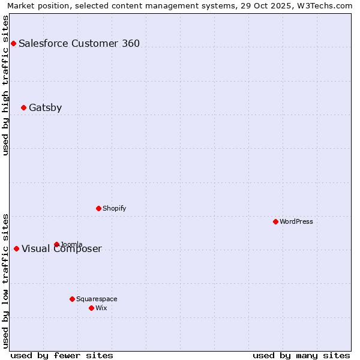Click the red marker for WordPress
pyautogui.click(x=275, y=221)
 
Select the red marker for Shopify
pyautogui.click(x=98, y=208)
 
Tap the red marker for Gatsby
pyautogui.click(x=23, y=108)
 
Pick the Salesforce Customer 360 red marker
pyautogui.click(x=13, y=43)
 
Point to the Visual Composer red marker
pyautogui.click(x=16, y=248)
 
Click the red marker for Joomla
pyautogui.click(x=56, y=244)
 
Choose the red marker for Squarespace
pyautogui.click(x=72, y=299)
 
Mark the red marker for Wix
pyautogui.click(x=91, y=308)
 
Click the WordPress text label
pyautogui.click(x=296, y=221)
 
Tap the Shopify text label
pyautogui.click(x=114, y=208)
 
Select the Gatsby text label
pyautogui.click(x=45, y=108)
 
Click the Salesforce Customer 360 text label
pyautogui.click(x=79, y=43)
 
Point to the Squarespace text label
pyautogui.click(x=97, y=299)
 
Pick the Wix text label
pyautogui.click(x=101, y=308)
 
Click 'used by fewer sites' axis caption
pyautogui.click(x=62, y=355)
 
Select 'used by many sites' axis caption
pyautogui.click(x=301, y=355)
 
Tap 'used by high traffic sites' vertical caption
pyautogui.click(x=5, y=85)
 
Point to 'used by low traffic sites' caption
pyautogui.click(x=5, y=280)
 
